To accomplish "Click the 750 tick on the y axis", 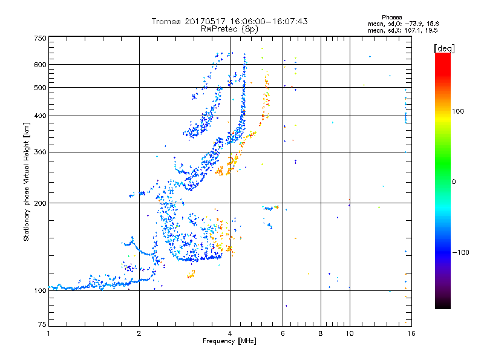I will coord(39,38).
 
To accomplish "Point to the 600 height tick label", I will coord(39,65).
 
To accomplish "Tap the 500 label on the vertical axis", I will coord(39,88).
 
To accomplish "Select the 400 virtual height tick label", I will coord(39,116).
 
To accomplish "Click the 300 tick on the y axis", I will coord(39,152).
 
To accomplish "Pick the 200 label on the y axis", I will coord(39,203).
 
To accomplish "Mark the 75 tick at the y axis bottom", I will coord(41,325).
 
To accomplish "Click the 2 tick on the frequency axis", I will coord(139,333).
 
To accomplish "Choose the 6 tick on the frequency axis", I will coord(283,333).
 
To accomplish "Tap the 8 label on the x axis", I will coord(321,333).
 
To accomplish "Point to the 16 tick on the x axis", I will coord(410,333).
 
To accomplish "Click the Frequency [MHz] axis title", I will coord(229,341).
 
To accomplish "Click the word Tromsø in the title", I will coord(168,21).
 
